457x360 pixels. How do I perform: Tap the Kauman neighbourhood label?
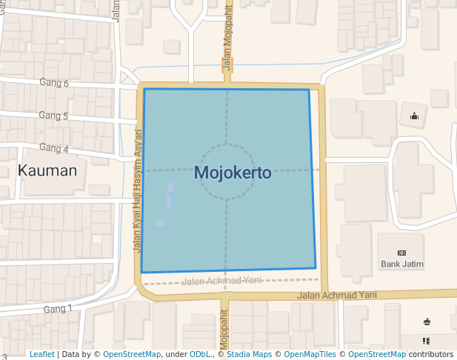(47, 171)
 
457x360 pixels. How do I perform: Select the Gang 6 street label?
(54, 83)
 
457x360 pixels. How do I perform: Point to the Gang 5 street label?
(53, 116)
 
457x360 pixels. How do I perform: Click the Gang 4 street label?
(53, 149)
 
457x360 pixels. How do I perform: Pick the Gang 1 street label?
(58, 309)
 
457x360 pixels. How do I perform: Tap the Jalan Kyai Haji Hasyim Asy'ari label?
(137, 191)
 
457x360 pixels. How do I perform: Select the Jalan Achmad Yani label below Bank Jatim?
(337, 295)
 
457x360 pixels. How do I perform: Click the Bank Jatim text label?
(401, 264)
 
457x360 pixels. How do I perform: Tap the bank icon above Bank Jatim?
(402, 253)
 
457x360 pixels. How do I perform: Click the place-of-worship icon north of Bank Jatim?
(414, 116)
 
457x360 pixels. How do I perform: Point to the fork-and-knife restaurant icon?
(427, 341)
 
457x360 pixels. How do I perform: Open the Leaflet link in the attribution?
(41, 355)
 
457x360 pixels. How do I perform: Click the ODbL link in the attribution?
(199, 355)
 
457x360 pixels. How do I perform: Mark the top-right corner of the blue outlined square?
(309, 90)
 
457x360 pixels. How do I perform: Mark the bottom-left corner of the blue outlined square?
(141, 273)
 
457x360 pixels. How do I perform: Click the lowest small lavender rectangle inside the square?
(160, 224)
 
